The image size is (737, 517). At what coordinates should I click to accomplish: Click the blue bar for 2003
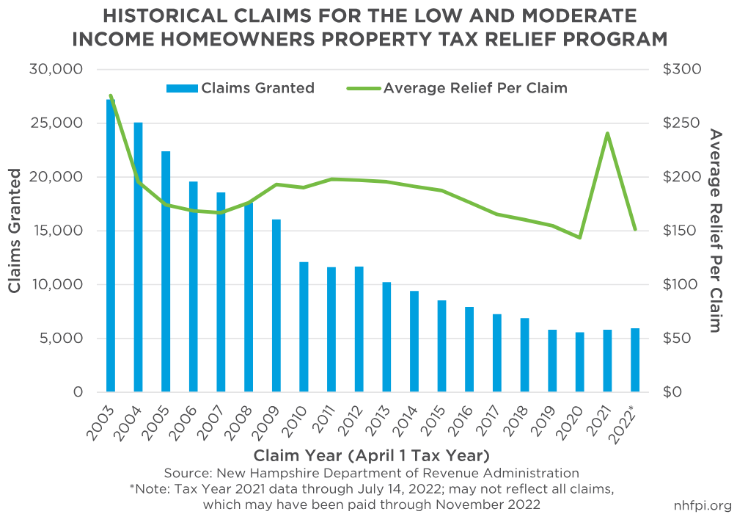[111, 246]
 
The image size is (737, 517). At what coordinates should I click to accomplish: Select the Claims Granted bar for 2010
[304, 327]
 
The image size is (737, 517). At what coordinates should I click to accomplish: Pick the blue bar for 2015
[441, 346]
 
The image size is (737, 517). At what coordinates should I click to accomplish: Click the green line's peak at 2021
[608, 134]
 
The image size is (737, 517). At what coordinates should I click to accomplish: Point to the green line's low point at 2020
[580, 237]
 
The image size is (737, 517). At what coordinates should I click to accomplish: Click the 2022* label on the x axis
[628, 424]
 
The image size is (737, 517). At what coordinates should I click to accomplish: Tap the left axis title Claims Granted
[15, 231]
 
